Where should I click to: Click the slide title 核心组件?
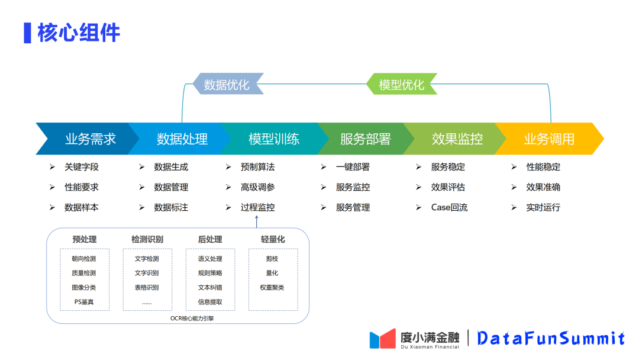click(78, 33)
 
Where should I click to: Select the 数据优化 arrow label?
click(227, 85)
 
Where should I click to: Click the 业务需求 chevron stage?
click(90, 139)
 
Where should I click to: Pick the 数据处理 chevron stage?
click(182, 139)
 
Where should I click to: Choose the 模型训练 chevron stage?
click(273, 139)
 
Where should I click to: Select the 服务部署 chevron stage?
click(365, 139)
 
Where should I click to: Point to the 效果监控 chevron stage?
click(457, 139)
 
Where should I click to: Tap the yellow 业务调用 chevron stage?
click(548, 139)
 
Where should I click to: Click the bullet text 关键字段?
click(82, 167)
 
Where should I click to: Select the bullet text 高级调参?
click(257, 187)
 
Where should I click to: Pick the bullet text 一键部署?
click(353, 167)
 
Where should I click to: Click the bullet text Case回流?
click(449, 207)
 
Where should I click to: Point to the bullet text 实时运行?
click(543, 207)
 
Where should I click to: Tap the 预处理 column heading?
click(84, 239)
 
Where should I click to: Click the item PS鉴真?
click(83, 302)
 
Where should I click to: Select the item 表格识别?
click(147, 288)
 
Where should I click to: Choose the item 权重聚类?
click(272, 288)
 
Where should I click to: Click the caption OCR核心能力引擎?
click(178, 318)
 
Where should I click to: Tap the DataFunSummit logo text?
click(551, 338)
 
